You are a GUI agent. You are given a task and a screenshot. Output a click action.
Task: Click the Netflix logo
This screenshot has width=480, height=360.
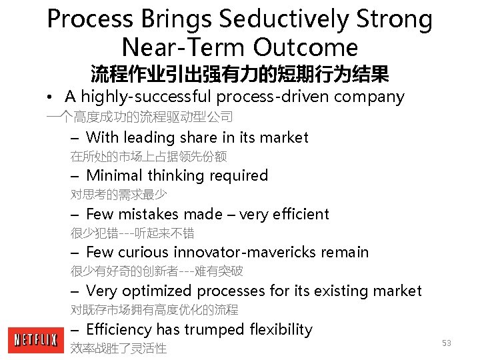[35, 340]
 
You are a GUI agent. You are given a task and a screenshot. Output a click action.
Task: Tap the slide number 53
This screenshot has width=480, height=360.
[447, 343]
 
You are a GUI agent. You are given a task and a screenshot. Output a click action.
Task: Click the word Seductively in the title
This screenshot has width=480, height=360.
[282, 19]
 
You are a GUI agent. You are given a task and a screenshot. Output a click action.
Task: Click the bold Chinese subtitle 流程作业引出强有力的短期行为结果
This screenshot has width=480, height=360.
[239, 73]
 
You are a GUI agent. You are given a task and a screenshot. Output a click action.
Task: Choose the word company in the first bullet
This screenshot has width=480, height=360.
[369, 97]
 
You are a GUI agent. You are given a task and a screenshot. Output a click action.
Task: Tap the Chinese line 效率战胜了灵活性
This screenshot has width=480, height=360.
[119, 348]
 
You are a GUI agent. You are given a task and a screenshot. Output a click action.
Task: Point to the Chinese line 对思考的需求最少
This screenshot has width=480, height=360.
[119, 195]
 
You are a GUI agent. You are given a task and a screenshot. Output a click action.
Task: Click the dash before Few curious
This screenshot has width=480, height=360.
[75, 253]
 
